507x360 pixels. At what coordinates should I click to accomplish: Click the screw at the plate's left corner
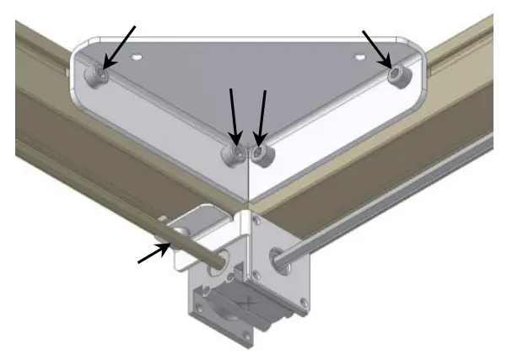click(100, 74)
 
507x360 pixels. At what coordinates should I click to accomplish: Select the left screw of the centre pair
click(233, 153)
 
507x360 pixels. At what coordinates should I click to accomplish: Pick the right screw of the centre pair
click(260, 153)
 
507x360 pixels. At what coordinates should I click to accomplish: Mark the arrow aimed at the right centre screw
click(262, 113)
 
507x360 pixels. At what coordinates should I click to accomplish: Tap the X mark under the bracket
click(248, 301)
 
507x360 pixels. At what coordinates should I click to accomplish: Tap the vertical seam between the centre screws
click(246, 169)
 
